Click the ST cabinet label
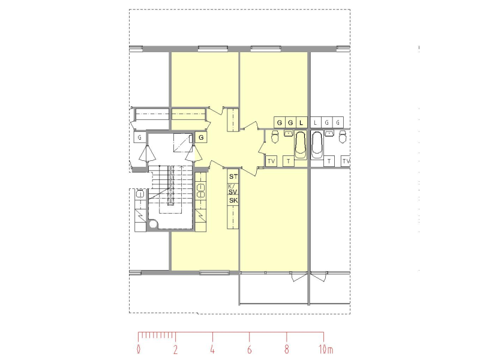pyautogui.click(x=233, y=176)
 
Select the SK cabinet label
pyautogui.click(x=233, y=201)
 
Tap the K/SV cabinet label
pyautogui.click(x=233, y=189)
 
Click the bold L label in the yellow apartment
pyautogui.click(x=301, y=123)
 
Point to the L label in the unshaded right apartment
pyautogui.click(x=316, y=123)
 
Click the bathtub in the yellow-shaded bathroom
pyautogui.click(x=301, y=145)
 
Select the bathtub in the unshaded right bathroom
pyautogui.click(x=317, y=145)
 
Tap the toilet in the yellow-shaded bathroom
pyautogui.click(x=275, y=137)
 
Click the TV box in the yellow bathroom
pyautogui.click(x=271, y=161)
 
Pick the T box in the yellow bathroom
pyautogui.click(x=289, y=161)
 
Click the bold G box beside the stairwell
pyautogui.click(x=201, y=138)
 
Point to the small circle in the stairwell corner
pyautogui.click(x=153, y=224)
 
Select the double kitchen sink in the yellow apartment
pyautogui.click(x=201, y=190)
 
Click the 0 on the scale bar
pyautogui.click(x=139, y=349)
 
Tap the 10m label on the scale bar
pyautogui.click(x=326, y=349)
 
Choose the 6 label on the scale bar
pyautogui.click(x=250, y=349)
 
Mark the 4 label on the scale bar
pyautogui.click(x=212, y=349)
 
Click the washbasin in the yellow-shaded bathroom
pyautogui.click(x=289, y=133)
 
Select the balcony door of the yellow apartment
pyautogui.click(x=299, y=277)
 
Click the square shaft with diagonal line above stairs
pyautogui.click(x=183, y=143)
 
